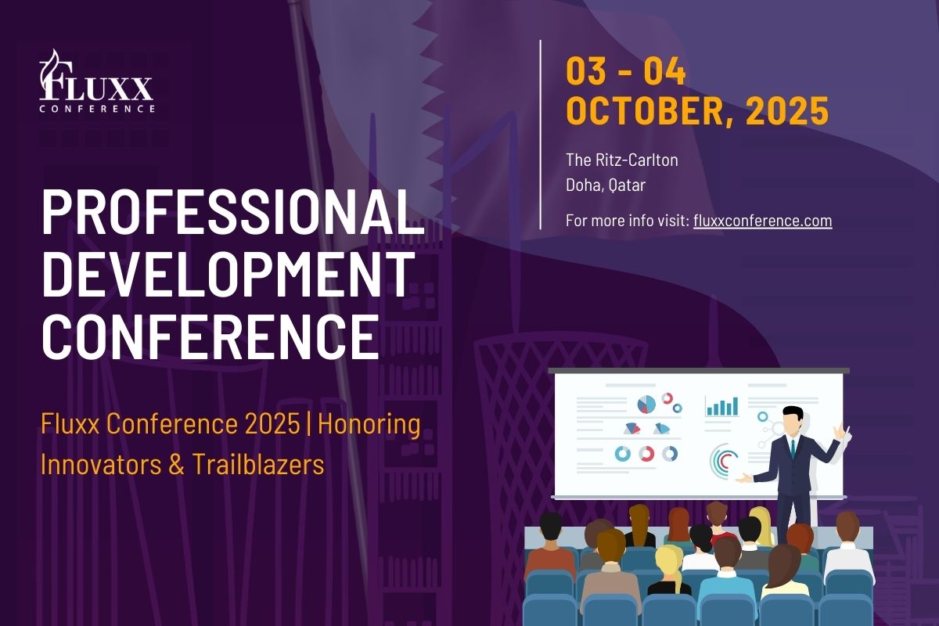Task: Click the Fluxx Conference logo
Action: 97,81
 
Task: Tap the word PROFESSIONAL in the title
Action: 233,212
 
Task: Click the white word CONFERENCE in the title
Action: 210,337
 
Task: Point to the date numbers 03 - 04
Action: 626,71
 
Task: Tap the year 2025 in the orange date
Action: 787,110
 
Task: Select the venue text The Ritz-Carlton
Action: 621,160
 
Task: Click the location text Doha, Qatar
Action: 606,185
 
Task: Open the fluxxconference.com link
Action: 762,221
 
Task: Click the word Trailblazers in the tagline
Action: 258,465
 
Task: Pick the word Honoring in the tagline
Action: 369,424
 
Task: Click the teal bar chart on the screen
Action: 721,406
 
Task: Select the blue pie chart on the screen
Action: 646,405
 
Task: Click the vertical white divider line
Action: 541,135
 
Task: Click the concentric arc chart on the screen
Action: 720,460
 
